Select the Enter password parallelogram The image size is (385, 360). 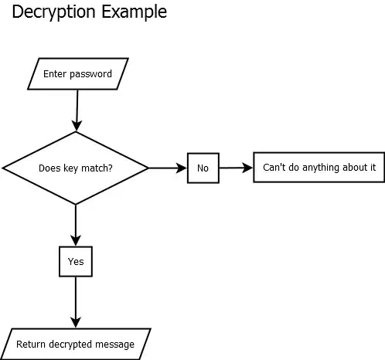[x=77, y=74]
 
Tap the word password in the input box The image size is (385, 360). [x=90, y=75]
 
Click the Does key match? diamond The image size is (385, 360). [x=76, y=168]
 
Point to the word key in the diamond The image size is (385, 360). [x=70, y=168]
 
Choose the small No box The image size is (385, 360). [x=203, y=168]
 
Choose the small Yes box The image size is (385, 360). [x=76, y=261]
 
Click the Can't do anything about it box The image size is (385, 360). [x=319, y=167]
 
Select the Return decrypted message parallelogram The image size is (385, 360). [x=76, y=345]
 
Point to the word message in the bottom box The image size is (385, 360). [x=114, y=345]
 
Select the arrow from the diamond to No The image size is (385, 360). [x=167, y=168]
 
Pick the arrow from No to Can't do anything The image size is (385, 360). [x=236, y=168]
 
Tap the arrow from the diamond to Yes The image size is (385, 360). [x=76, y=226]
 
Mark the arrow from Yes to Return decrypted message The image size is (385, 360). [x=76, y=301]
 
